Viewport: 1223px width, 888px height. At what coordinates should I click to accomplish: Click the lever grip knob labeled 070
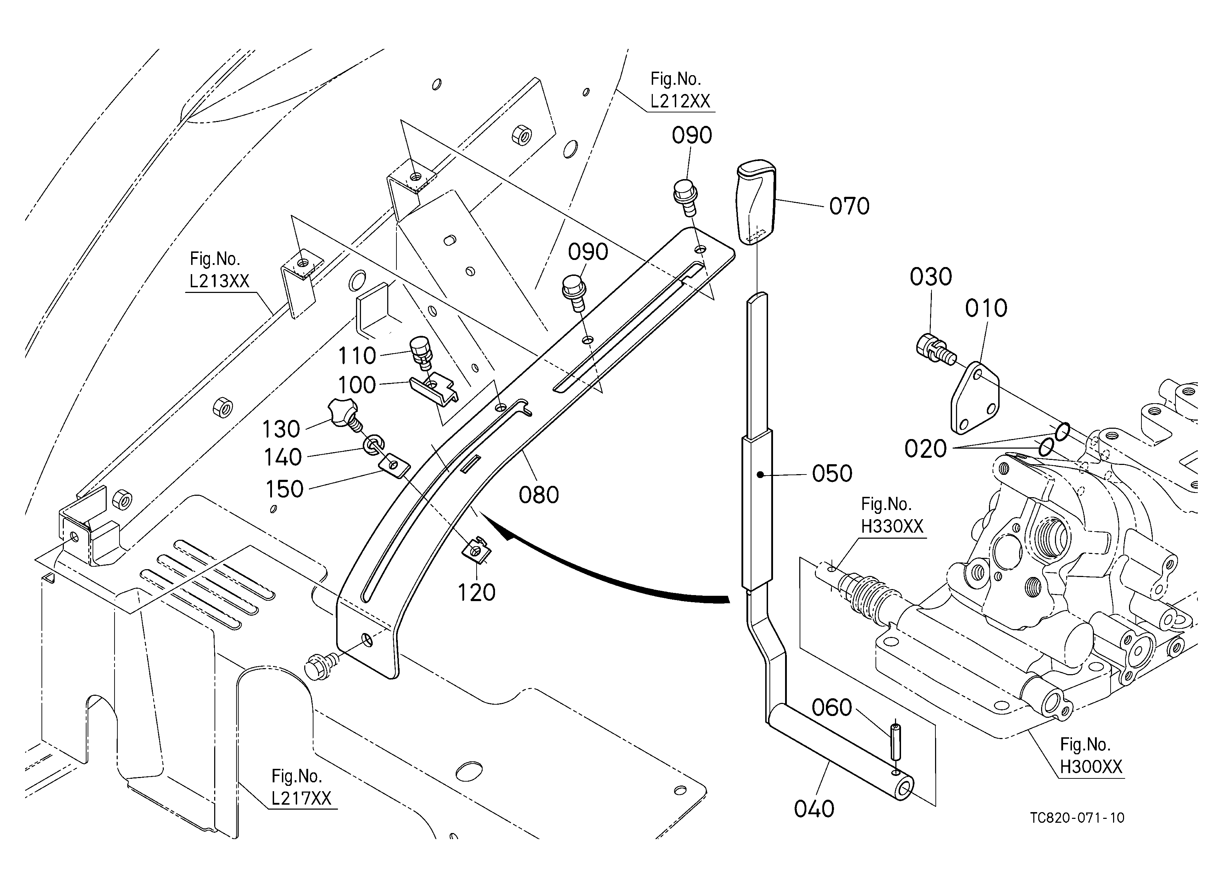click(x=757, y=202)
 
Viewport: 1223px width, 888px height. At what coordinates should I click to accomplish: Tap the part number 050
click(x=832, y=473)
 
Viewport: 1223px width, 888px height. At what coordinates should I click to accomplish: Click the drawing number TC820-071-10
click(x=1077, y=818)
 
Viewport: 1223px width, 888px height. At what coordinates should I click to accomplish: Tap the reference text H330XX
click(x=892, y=526)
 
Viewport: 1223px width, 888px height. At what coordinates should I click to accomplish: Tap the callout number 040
click(x=814, y=809)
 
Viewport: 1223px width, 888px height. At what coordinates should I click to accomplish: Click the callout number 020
click(x=925, y=449)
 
